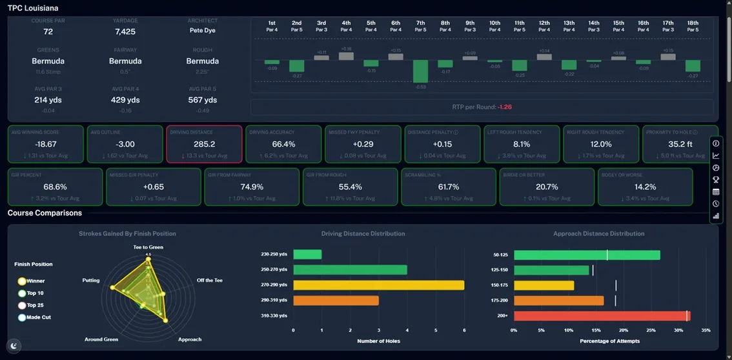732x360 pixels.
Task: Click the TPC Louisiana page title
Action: tap(33, 8)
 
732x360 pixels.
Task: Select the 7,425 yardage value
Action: tap(125, 31)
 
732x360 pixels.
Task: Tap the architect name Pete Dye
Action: tap(203, 30)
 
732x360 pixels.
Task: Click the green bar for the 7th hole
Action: tap(420, 71)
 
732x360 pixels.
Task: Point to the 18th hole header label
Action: tap(693, 23)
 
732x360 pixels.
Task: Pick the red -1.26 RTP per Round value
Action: tap(505, 106)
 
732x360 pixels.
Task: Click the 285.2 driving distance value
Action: tap(204, 144)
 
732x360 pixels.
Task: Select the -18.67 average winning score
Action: tap(45, 144)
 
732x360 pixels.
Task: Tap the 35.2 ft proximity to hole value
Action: tap(680, 144)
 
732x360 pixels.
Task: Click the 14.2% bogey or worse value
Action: tap(646, 186)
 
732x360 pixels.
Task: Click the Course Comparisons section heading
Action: tap(45, 213)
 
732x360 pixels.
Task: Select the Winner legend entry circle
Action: tap(22, 281)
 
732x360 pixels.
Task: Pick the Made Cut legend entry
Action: tap(22, 317)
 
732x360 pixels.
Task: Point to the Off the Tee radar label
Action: tap(209, 280)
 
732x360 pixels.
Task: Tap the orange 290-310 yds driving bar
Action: tap(336, 300)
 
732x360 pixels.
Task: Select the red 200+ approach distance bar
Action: tap(601, 315)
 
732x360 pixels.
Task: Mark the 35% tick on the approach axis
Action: tap(706, 330)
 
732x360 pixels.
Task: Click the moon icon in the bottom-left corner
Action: tap(14, 346)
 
